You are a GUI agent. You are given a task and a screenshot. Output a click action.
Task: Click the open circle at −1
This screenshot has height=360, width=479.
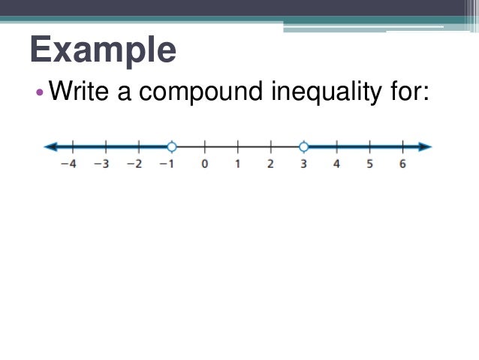click(172, 147)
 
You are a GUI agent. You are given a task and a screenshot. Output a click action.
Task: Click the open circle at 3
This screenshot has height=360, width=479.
click(303, 147)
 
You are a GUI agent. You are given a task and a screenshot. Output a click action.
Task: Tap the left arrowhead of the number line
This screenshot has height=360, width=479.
click(50, 147)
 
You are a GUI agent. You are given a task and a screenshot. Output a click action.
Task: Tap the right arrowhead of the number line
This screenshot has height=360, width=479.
click(426, 147)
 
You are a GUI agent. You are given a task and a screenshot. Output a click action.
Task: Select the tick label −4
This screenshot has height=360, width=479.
click(69, 165)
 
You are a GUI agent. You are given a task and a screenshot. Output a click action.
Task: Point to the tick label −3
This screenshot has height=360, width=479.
click(102, 165)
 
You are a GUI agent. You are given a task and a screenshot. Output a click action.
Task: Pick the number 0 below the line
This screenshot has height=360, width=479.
click(204, 165)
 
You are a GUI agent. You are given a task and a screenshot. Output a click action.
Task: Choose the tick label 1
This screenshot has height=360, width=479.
click(237, 165)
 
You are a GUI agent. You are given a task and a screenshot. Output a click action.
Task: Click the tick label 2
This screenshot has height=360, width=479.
click(270, 165)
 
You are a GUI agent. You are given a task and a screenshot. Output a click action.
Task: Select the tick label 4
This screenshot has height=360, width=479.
click(336, 165)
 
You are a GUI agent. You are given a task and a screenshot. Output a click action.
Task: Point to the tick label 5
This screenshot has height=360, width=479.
click(369, 165)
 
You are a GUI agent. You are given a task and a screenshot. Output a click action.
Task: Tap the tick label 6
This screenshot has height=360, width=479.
click(402, 165)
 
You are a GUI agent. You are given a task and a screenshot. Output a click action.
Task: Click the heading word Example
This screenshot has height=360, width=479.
click(104, 51)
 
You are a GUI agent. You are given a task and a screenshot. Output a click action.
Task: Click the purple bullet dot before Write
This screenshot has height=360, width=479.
click(41, 94)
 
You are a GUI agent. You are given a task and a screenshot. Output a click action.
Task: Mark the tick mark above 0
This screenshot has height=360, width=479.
click(204, 147)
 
